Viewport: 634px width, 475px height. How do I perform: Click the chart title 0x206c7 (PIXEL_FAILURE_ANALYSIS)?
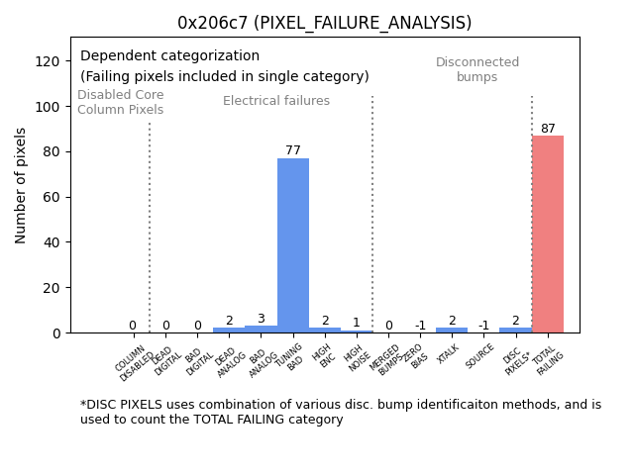coord(324,23)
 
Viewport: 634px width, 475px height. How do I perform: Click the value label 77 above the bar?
coord(293,150)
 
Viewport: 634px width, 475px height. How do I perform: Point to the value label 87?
coord(548,129)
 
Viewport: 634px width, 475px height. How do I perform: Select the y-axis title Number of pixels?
coord(21,185)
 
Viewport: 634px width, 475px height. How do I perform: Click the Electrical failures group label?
coord(276,101)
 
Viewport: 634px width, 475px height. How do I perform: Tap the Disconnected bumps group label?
coord(477,69)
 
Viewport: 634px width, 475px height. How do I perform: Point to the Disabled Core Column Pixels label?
coord(121,102)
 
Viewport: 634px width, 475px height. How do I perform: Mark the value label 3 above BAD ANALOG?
coord(261,319)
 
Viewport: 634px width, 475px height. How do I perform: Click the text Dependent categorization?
coord(169,56)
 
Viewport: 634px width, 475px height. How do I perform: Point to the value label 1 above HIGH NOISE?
coord(357,323)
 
